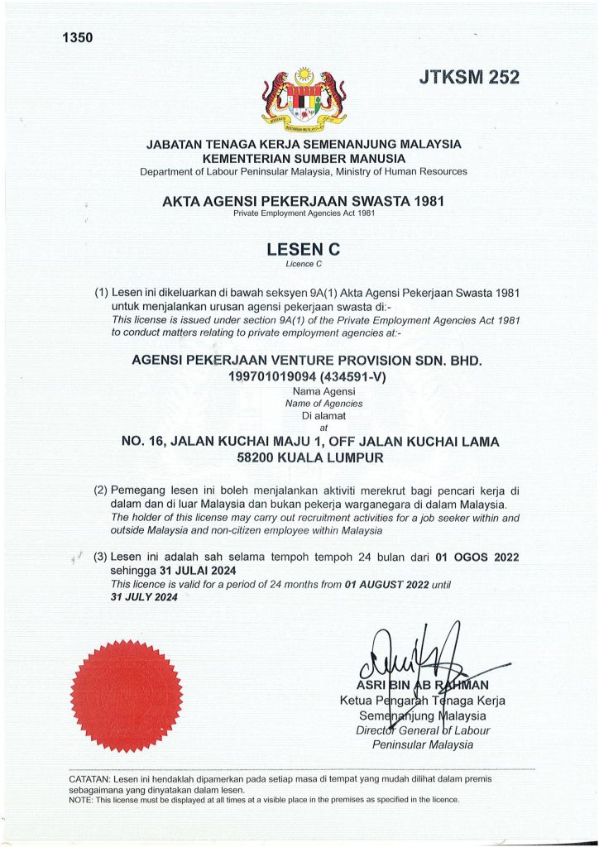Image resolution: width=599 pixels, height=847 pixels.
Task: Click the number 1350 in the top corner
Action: click(x=77, y=37)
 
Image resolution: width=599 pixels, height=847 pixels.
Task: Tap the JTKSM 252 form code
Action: click(x=469, y=78)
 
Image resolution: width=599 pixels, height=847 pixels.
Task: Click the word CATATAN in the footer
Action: click(x=90, y=779)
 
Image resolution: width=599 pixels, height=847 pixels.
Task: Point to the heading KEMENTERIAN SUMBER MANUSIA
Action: click(x=303, y=157)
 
